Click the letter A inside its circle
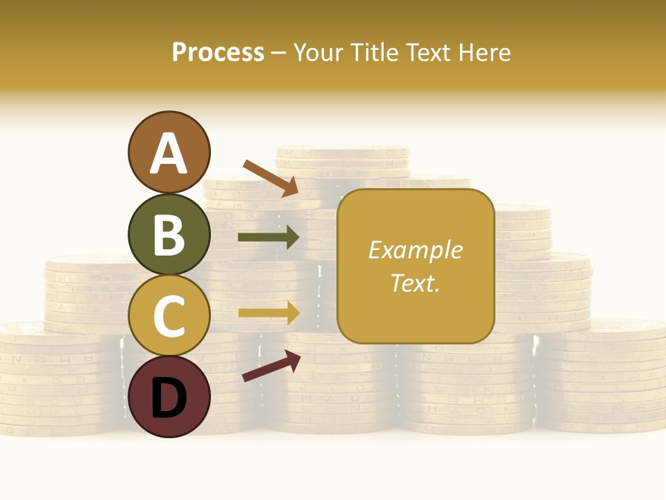click(169, 153)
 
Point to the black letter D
click(169, 398)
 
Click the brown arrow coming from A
click(271, 177)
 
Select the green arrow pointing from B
click(268, 237)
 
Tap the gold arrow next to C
click(268, 312)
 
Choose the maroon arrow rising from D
click(271, 366)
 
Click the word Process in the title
click(218, 53)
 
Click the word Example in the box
click(416, 250)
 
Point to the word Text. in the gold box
click(416, 283)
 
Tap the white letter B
click(169, 235)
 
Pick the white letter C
click(169, 317)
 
